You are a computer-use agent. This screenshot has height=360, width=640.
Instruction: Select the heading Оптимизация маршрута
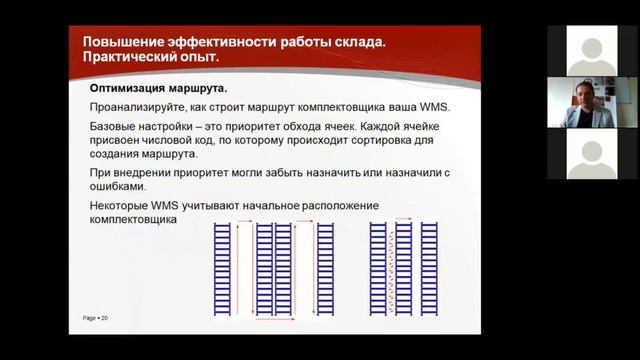pyautogui.click(x=152, y=89)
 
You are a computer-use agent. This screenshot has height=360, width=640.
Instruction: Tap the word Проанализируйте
pyautogui.click(x=134, y=108)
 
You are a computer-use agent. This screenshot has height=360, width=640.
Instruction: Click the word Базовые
pyautogui.click(x=115, y=129)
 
